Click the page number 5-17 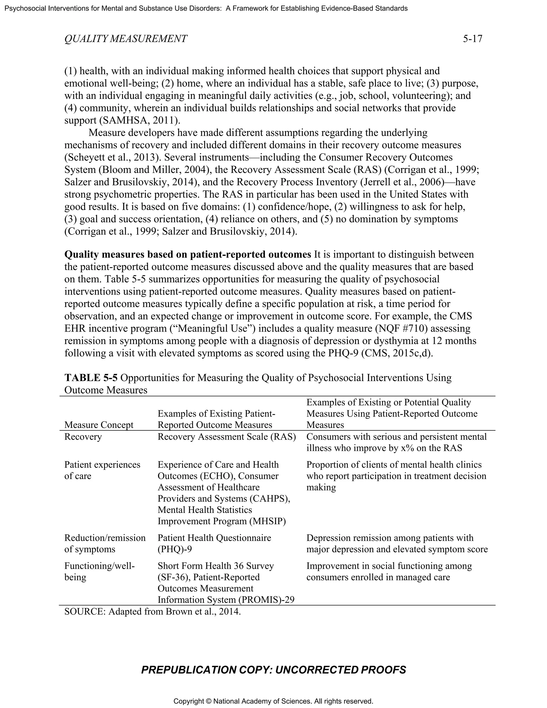click(472, 39)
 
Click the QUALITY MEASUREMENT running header click(126, 39)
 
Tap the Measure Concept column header click(99, 425)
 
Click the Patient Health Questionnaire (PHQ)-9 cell click(214, 543)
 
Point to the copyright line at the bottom click(273, 701)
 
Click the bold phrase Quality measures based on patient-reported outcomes click(187, 254)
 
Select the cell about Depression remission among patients click(397, 543)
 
